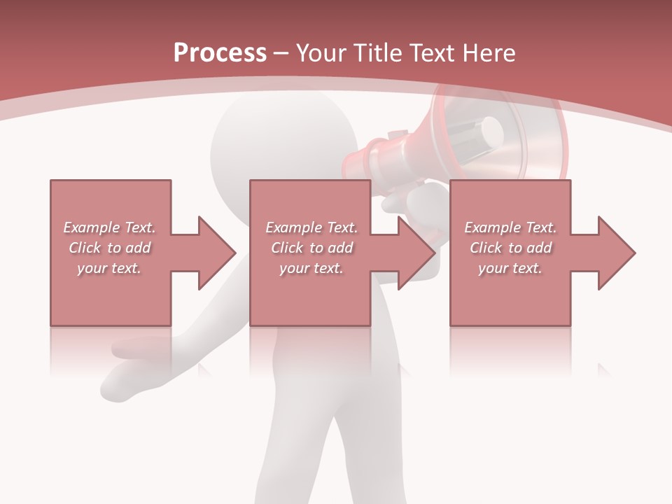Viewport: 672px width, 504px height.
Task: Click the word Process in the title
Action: [220, 52]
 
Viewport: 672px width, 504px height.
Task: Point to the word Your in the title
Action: [322, 52]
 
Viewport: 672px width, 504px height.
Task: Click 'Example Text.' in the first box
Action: [109, 227]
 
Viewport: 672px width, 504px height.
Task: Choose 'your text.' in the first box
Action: [109, 268]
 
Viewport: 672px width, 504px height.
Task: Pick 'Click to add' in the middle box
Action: [311, 248]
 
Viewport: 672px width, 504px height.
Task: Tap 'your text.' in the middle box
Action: [311, 268]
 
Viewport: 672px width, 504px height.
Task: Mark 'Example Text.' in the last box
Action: [510, 227]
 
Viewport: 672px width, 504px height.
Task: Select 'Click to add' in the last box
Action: [510, 248]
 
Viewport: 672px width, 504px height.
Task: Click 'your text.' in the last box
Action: [510, 268]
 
